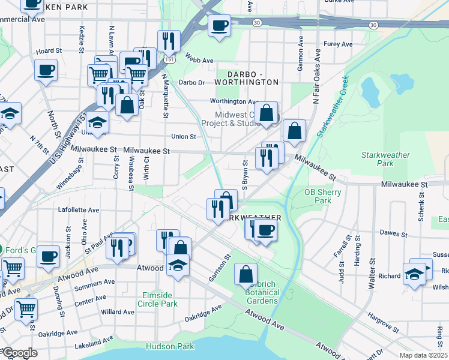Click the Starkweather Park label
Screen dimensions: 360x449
pyautogui.click(x=385, y=159)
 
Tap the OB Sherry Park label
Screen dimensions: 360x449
pyautogui.click(x=322, y=196)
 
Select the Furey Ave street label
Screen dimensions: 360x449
pyautogui.click(x=338, y=44)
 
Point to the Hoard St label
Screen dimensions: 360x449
pyautogui.click(x=49, y=52)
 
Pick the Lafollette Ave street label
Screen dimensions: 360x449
pyautogui.click(x=78, y=210)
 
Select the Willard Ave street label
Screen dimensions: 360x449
pyautogui.click(x=118, y=312)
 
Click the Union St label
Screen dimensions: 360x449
pyautogui.click(x=184, y=137)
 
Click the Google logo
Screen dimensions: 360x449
pyautogui.click(x=19, y=353)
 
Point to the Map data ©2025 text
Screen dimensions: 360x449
pyautogui.click(x=423, y=355)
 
